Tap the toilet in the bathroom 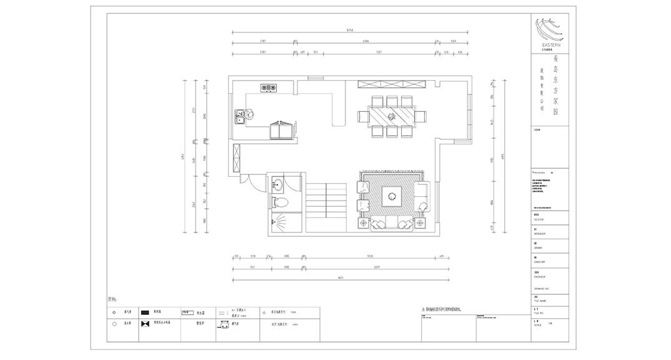tap(280, 202)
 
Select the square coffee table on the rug tap(392, 196)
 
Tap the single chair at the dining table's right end tap(420, 116)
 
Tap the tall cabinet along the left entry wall tap(236, 159)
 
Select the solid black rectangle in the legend tap(146, 311)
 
